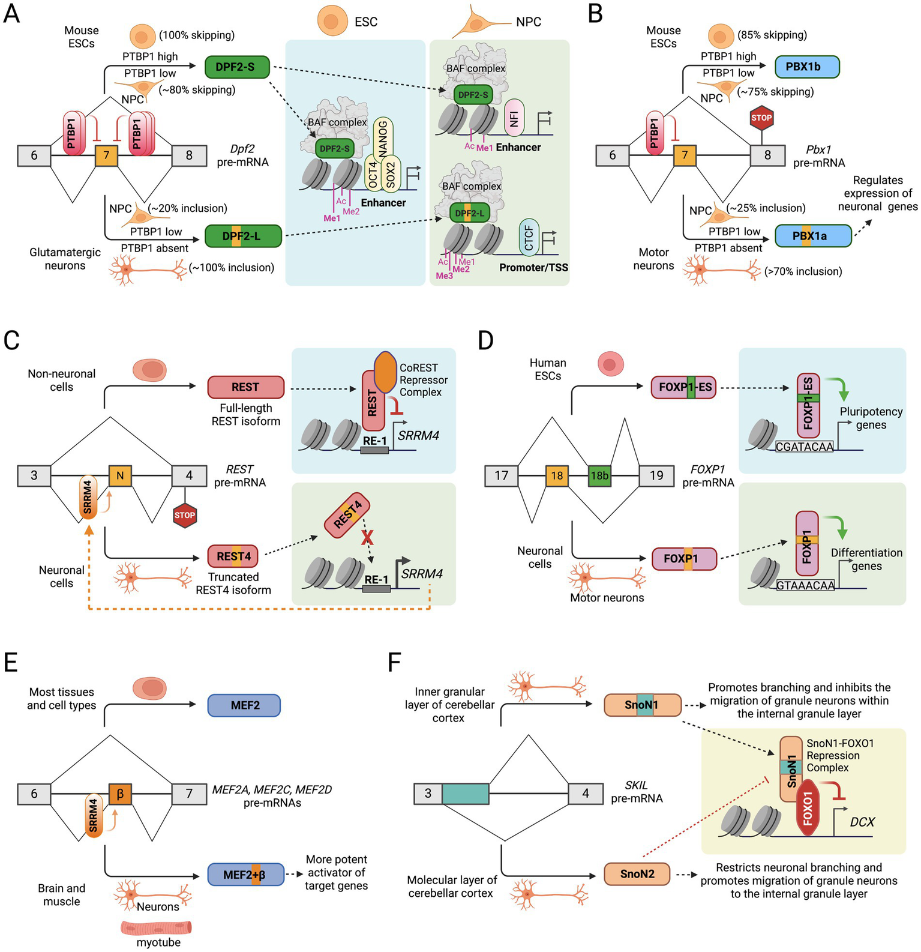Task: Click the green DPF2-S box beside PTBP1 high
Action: [x=237, y=67]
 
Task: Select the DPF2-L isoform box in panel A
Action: [x=242, y=236]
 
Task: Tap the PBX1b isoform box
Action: [x=807, y=67]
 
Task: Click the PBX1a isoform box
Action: [x=812, y=236]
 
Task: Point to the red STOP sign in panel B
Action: [x=761, y=118]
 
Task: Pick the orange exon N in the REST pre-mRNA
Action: [x=120, y=475]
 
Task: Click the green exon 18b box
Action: [x=599, y=475]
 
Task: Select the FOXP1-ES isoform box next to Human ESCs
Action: [x=684, y=387]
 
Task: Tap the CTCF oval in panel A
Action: [x=529, y=238]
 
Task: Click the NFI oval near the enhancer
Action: [x=514, y=117]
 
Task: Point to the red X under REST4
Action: [x=367, y=537]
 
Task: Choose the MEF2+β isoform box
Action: [x=245, y=875]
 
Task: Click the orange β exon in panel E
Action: [x=120, y=794]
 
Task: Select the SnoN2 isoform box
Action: [x=637, y=874]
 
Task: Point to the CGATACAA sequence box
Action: [x=804, y=447]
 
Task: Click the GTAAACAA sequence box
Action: [x=805, y=585]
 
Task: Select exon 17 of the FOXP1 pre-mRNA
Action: [x=501, y=475]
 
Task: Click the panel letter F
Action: [x=394, y=663]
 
